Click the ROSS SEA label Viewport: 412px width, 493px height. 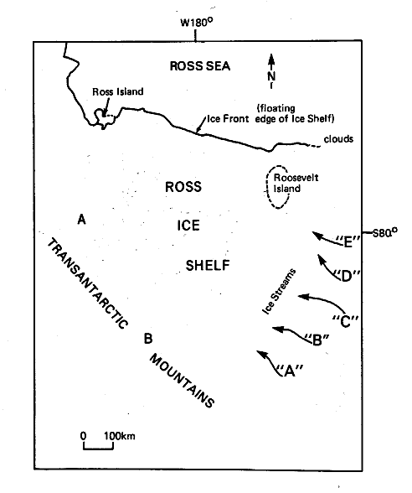(x=200, y=66)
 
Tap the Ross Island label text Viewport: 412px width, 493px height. (x=118, y=91)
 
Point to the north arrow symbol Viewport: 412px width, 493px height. (x=271, y=71)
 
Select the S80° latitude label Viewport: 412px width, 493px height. (x=384, y=233)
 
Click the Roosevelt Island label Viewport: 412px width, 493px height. (x=296, y=183)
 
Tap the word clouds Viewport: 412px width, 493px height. (x=338, y=139)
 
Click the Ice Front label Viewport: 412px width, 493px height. (x=228, y=119)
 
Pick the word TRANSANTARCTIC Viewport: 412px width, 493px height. (x=88, y=283)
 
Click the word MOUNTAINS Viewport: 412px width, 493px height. (x=183, y=381)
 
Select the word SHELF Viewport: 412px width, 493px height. (x=208, y=265)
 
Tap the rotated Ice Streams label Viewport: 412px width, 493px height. (x=279, y=291)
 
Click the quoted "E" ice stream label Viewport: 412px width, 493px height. (x=348, y=241)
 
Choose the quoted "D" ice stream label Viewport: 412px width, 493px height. (x=346, y=276)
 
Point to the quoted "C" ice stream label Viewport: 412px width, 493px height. (x=345, y=321)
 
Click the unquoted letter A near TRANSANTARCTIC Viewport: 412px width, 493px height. (x=82, y=219)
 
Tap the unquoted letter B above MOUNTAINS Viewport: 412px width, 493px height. (x=148, y=339)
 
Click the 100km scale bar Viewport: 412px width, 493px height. (x=98, y=445)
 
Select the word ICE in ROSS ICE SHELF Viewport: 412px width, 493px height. (x=188, y=226)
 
